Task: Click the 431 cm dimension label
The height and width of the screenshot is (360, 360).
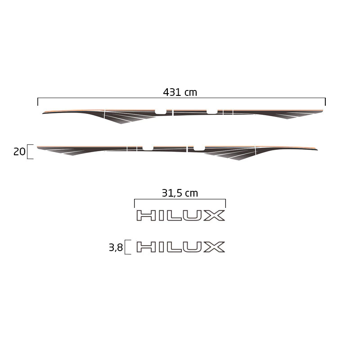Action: pyautogui.click(x=180, y=92)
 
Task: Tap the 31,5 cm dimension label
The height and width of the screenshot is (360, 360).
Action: pyautogui.click(x=180, y=193)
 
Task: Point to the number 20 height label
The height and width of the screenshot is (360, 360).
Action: pyautogui.click(x=19, y=152)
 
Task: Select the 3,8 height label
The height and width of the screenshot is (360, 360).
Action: pyautogui.click(x=116, y=247)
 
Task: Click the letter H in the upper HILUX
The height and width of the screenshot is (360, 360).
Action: pyautogui.click(x=146, y=216)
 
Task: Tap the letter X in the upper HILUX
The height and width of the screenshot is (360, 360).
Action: pyautogui.click(x=214, y=216)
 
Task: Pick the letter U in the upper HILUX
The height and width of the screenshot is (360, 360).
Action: pyautogui.click(x=192, y=216)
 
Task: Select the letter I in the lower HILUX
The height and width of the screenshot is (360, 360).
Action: pyautogui.click(x=161, y=247)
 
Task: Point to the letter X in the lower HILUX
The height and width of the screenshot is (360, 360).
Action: pyautogui.click(x=214, y=247)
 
